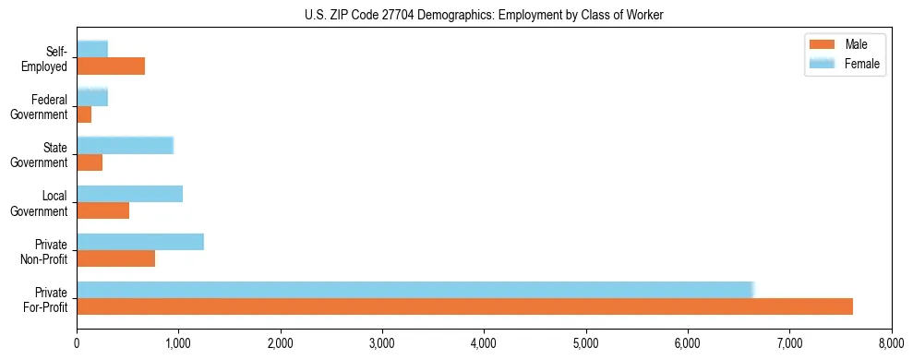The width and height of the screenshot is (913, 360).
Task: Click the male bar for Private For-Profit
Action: click(464, 306)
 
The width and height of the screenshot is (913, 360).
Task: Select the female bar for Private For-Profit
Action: click(415, 290)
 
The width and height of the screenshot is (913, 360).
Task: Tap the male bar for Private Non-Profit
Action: click(115, 258)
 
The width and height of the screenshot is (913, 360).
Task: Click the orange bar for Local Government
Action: click(102, 210)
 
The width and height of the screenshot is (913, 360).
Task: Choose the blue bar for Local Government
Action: click(129, 194)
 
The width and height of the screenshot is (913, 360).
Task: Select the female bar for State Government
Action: click(125, 145)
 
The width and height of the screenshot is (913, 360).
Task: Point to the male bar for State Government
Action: click(90, 162)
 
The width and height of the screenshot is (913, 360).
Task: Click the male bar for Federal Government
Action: click(84, 114)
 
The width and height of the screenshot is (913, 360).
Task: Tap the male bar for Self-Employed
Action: click(111, 66)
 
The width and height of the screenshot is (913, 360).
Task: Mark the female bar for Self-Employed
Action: click(92, 49)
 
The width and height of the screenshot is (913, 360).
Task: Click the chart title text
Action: click(484, 15)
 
